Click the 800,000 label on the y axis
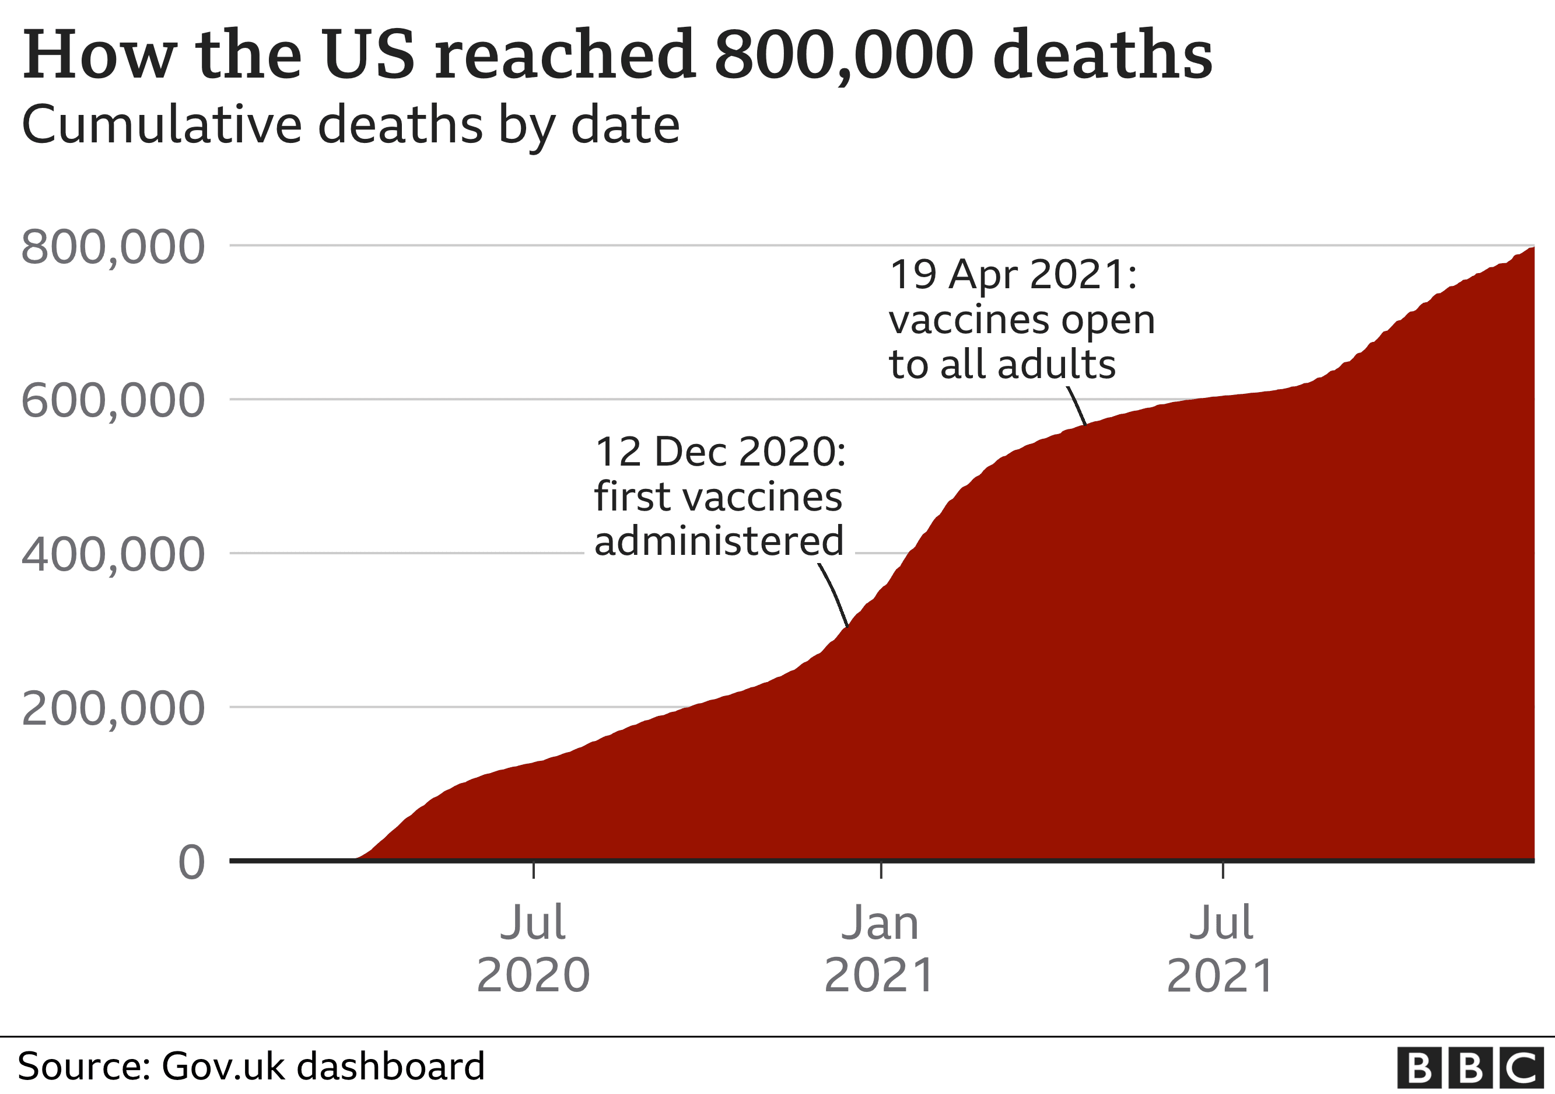113,248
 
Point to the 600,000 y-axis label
113,401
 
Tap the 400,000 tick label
113,555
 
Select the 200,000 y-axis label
113,708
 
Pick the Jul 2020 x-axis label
533,948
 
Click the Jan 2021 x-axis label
880,948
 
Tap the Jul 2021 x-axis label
1221,948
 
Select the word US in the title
369,54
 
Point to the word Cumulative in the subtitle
163,126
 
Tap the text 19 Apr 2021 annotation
1013,275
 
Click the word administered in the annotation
719,541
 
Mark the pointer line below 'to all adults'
1077,406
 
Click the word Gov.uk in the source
223,1066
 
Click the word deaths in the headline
1102,54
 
